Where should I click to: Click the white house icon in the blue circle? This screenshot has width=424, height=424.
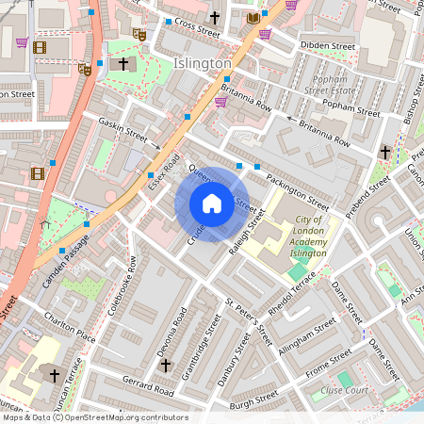(x=212, y=204)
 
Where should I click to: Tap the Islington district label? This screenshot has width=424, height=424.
(x=203, y=63)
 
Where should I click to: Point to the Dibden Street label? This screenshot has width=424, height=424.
(x=327, y=45)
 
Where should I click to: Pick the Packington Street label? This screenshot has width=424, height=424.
(x=297, y=190)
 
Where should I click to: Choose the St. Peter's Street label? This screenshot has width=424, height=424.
(x=247, y=322)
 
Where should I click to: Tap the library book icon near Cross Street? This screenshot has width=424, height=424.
(x=253, y=17)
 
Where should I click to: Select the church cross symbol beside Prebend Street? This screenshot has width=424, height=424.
(x=384, y=152)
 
